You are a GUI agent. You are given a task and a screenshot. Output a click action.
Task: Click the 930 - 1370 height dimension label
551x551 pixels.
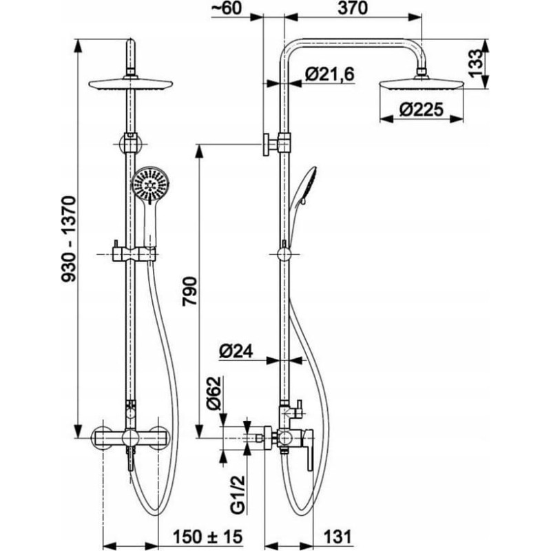click(68, 239)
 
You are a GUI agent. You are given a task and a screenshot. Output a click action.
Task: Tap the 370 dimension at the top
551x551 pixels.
click(353, 8)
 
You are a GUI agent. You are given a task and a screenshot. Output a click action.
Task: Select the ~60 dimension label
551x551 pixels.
click(227, 8)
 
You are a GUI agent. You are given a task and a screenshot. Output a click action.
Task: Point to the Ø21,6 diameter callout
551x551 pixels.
click(330, 74)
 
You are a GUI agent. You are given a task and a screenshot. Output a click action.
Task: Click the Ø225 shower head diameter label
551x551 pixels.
click(421, 110)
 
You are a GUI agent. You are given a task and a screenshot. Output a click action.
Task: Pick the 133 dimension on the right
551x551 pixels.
click(476, 63)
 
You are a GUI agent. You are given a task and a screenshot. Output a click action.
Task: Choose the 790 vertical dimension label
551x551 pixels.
click(189, 291)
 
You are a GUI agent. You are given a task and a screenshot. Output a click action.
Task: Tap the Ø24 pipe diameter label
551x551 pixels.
click(236, 351)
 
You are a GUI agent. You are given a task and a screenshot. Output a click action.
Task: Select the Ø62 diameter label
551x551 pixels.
click(214, 393)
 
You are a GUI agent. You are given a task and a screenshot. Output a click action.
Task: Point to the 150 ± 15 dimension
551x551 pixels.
click(207, 537)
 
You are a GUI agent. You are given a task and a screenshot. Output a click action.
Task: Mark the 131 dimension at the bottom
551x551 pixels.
click(337, 537)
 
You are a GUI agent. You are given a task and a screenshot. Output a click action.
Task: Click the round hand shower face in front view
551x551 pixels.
click(150, 185)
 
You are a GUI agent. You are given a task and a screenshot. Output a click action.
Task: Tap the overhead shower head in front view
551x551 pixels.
click(130, 84)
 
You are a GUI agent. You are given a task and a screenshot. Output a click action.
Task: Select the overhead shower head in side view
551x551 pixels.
click(422, 84)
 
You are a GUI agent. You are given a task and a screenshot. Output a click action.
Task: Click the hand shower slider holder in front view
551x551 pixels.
click(134, 254)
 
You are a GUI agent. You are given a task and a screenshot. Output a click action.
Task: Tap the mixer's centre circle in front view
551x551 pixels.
click(130, 438)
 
